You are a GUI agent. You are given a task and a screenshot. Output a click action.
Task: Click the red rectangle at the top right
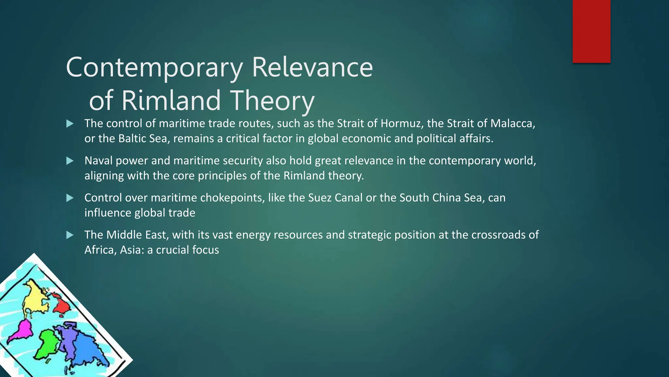click(591, 31)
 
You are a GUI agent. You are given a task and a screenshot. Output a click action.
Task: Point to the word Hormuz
click(402, 123)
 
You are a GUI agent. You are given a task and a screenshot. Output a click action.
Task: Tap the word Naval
click(99, 161)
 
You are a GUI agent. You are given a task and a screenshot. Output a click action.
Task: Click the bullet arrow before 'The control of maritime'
click(70, 124)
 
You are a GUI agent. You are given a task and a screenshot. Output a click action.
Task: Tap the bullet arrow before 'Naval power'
click(70, 161)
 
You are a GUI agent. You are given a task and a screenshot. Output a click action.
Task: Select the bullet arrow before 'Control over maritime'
click(70, 198)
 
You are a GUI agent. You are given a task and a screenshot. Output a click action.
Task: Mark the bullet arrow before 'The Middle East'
click(70, 235)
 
